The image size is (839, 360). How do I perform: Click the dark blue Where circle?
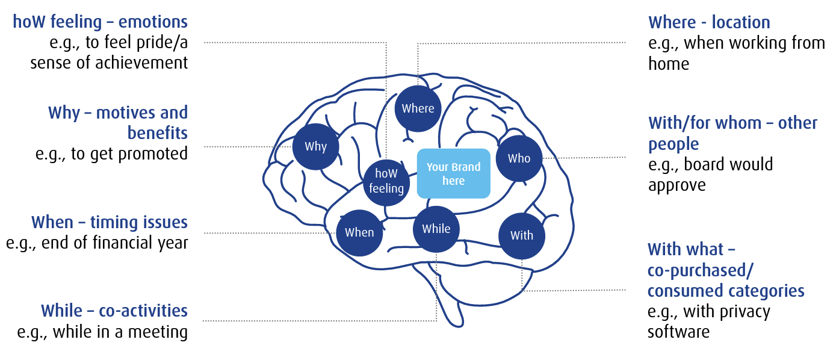418,108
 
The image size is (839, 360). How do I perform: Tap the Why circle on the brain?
315,146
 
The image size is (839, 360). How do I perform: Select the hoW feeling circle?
386,181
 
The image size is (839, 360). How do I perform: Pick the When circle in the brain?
359,232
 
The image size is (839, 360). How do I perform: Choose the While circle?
436,229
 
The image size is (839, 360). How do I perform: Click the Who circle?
519,158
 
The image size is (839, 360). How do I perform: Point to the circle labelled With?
522,235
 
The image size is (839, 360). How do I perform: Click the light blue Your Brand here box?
454,173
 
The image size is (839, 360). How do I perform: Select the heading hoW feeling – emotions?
101,22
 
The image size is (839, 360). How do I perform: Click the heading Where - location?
709,23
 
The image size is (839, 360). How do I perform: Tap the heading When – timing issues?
110,222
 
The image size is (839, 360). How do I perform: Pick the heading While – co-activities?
114,311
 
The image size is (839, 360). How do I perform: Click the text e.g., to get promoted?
112,154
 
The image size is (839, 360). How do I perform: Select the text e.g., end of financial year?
97,243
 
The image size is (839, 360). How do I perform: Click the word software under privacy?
678,332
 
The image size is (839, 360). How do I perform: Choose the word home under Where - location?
669,64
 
